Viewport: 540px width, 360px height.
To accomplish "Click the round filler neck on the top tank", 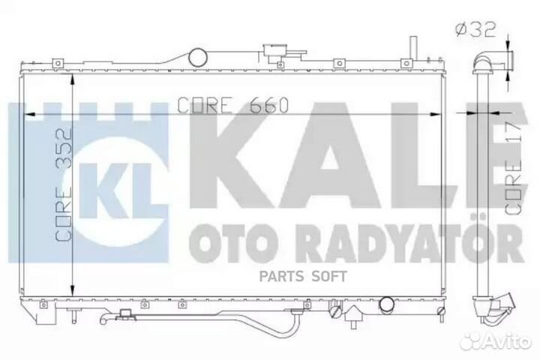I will [199, 56].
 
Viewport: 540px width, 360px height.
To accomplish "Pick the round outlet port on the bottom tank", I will [387, 304].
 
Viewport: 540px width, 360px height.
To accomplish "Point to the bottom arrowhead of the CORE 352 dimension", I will [71, 294].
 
